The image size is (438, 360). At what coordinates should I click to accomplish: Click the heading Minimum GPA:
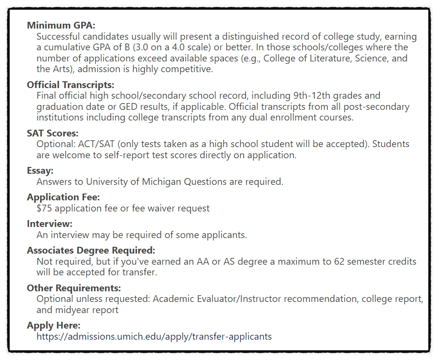(x=61, y=25)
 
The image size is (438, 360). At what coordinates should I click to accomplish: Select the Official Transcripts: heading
(x=71, y=85)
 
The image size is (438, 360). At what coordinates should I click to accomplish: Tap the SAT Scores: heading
(x=53, y=133)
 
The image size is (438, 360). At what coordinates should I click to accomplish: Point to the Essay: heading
(x=40, y=171)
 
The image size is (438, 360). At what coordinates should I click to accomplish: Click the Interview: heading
(x=50, y=224)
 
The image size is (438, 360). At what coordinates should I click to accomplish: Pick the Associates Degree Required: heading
(x=91, y=251)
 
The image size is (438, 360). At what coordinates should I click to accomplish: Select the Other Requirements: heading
(x=74, y=288)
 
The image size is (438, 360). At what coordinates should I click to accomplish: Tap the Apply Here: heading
(x=54, y=325)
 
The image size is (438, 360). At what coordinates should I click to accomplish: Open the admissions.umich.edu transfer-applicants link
(x=154, y=336)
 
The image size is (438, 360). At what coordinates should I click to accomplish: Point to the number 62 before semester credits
(x=340, y=262)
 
